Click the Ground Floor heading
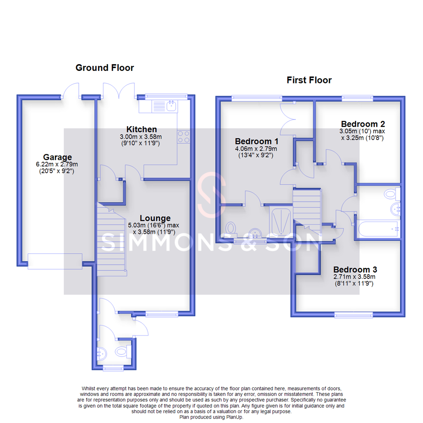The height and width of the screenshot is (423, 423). coord(105,68)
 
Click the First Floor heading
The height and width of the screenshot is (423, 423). coord(309,80)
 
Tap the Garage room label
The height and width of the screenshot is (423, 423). coord(57,157)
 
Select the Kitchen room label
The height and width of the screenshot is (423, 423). coord(141,129)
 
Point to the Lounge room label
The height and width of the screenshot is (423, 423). coord(155,218)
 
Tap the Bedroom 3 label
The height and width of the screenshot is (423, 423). coord(355,270)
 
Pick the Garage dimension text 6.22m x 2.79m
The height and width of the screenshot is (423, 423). coord(57,165)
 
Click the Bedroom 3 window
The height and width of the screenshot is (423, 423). coord(353,315)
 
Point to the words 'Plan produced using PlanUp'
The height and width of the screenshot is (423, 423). coord(211,417)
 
